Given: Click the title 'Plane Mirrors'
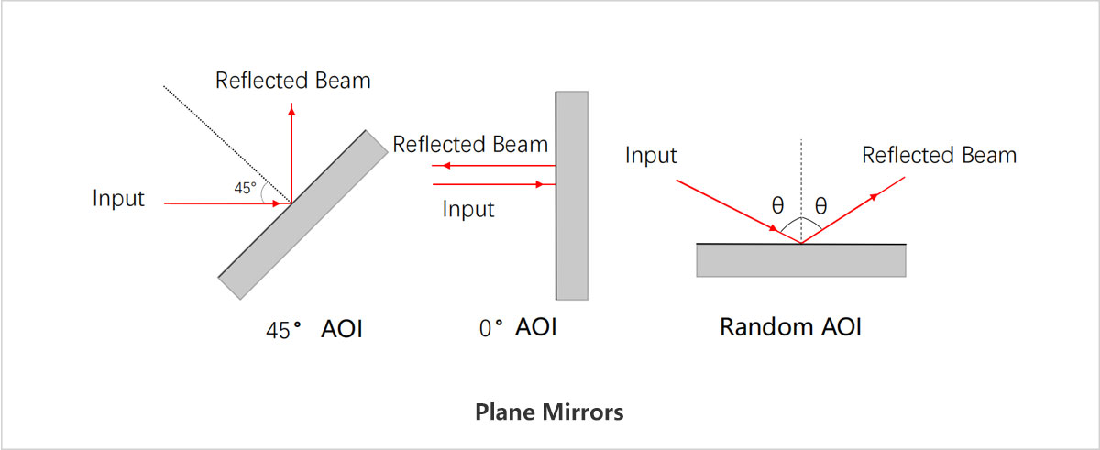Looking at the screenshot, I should click(x=549, y=412).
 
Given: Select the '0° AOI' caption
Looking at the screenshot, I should click(x=518, y=327).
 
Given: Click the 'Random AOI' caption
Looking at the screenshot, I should click(x=790, y=327).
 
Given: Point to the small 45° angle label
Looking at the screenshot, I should click(x=245, y=189).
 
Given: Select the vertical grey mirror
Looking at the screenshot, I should click(x=571, y=194).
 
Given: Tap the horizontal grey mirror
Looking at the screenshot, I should click(x=801, y=260).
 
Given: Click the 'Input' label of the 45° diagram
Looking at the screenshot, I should click(x=118, y=198).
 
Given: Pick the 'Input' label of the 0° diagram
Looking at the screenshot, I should click(x=468, y=209).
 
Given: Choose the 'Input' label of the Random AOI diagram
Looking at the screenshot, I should click(x=651, y=156).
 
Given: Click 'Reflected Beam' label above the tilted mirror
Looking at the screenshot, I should click(x=293, y=81).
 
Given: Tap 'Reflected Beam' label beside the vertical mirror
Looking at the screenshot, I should click(x=470, y=144).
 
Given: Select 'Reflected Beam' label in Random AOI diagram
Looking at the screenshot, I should click(x=940, y=156).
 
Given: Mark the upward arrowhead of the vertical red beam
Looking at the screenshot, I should click(x=291, y=109).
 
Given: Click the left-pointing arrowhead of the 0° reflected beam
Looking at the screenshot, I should click(x=438, y=166).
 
